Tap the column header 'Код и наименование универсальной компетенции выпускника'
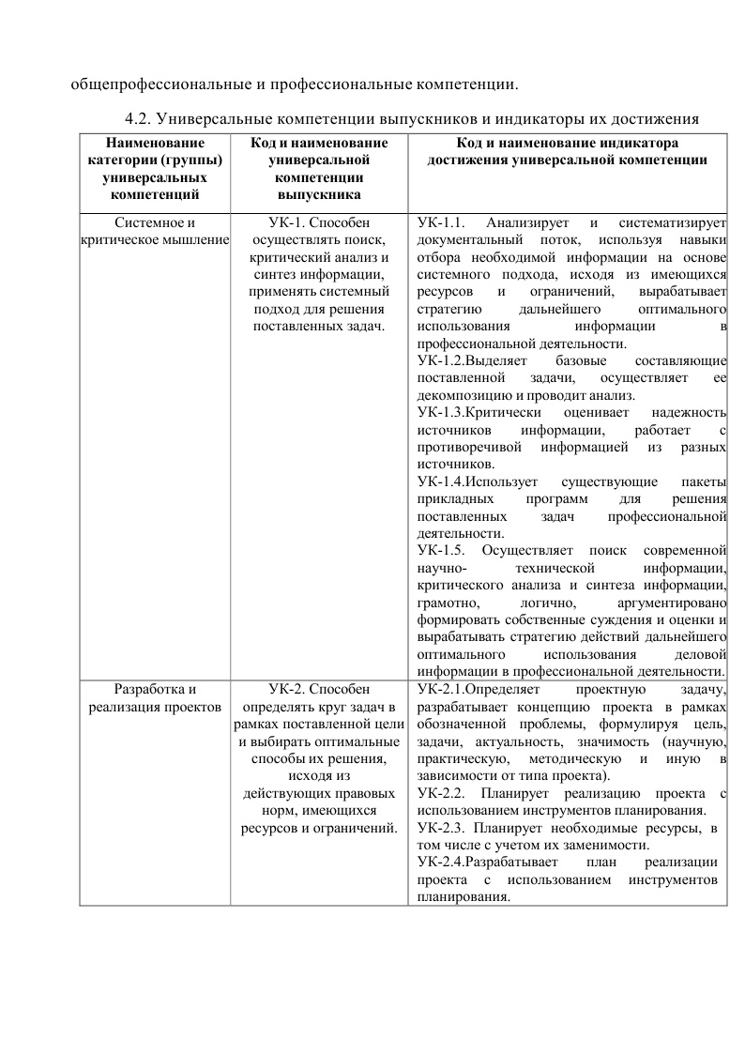click(x=319, y=169)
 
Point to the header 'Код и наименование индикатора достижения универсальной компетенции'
click(x=567, y=151)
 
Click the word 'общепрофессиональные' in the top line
click(x=160, y=85)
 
